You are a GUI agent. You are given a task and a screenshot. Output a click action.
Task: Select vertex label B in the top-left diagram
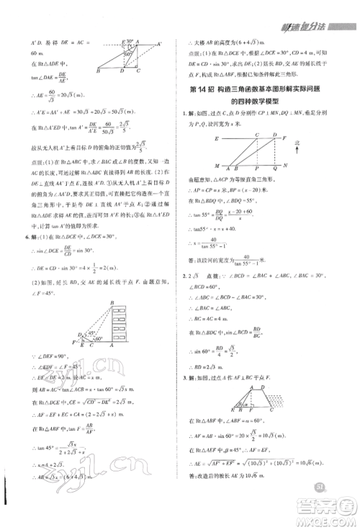(x=97, y=71)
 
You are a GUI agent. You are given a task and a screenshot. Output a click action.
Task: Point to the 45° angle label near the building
(x=86, y=336)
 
